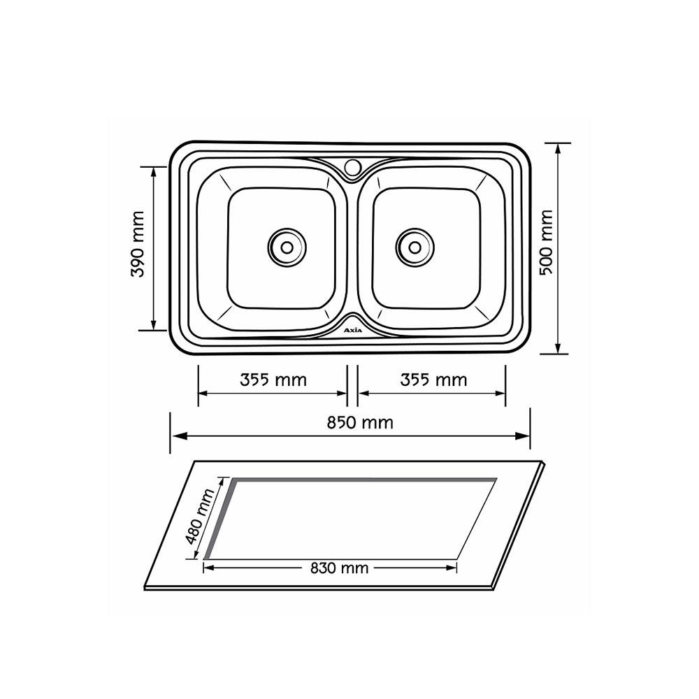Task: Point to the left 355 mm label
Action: [273, 380]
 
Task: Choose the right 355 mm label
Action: [433, 380]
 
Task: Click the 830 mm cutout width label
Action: [339, 568]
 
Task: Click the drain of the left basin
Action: [287, 245]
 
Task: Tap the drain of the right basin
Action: [415, 245]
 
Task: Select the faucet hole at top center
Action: [352, 167]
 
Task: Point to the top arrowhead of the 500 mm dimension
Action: [557, 147]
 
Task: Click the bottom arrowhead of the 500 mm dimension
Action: [557, 349]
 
